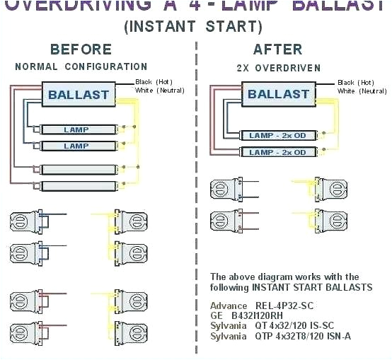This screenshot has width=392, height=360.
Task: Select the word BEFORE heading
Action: (x=80, y=49)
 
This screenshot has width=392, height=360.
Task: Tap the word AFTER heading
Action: (x=279, y=49)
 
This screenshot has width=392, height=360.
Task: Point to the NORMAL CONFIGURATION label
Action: (x=81, y=66)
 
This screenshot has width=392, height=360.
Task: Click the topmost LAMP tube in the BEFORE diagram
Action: (x=76, y=130)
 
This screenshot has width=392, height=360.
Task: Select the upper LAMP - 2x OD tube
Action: (x=277, y=134)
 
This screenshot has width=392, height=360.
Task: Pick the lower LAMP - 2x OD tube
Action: (x=277, y=152)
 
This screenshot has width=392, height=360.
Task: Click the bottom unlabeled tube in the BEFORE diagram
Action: (x=76, y=186)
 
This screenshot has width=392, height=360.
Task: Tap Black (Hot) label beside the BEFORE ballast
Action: (x=155, y=82)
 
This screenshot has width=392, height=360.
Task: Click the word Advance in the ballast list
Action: (x=228, y=306)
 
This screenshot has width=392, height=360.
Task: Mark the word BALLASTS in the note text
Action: (x=333, y=288)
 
